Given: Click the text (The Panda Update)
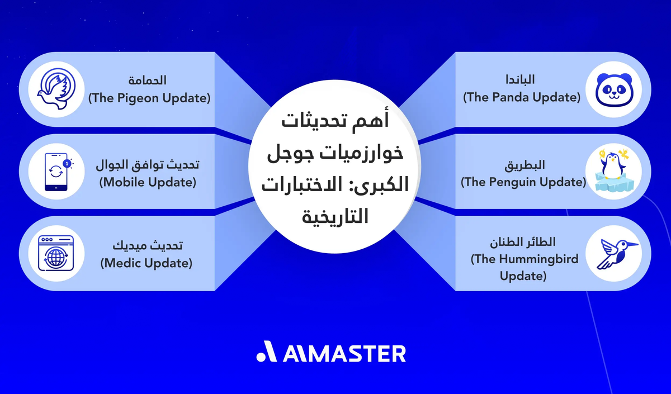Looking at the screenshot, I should coord(521,97).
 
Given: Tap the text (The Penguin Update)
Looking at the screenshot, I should coord(523,182).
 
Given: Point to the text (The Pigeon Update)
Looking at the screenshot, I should coord(149,98).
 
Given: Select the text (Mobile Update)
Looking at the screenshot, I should coord(148,182).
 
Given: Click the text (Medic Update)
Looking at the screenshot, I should coord(147,263).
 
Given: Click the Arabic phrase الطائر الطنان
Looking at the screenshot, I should coord(523,242).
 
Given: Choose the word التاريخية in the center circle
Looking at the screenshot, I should coord(335,215).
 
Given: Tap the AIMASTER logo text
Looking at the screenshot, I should coord(344,353).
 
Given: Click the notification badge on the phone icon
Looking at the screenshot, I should coord(67,163).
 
